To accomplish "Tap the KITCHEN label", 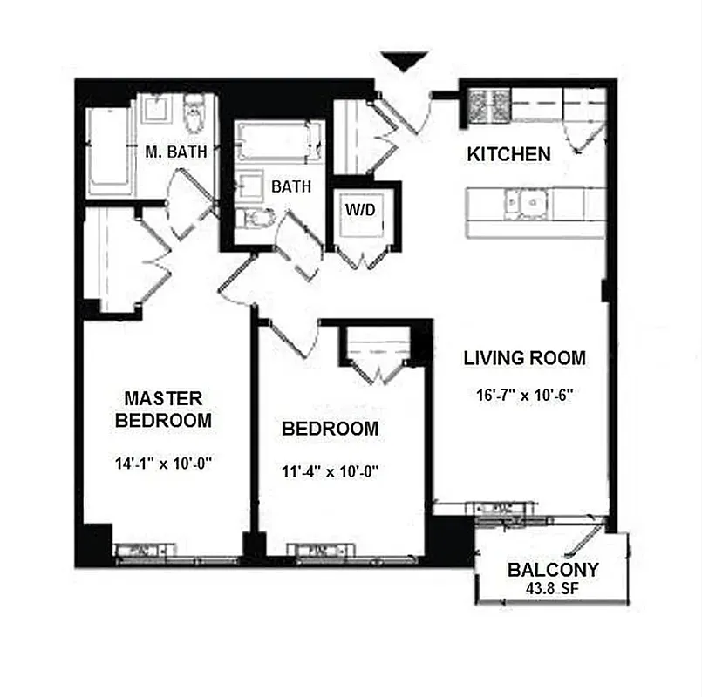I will pyautogui.click(x=509, y=154).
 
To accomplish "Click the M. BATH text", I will pyautogui.click(x=176, y=152).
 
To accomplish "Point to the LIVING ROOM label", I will pyautogui.click(x=524, y=357).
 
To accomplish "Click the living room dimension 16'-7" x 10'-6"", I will pyautogui.click(x=524, y=394).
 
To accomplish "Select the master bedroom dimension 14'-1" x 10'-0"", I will pyautogui.click(x=164, y=464).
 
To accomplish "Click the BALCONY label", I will pyautogui.click(x=553, y=571).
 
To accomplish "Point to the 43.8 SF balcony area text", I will pyautogui.click(x=553, y=590).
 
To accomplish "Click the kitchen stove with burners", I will pyautogui.click(x=488, y=106).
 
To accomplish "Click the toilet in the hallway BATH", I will pyautogui.click(x=257, y=218).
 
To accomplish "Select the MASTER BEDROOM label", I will pyautogui.click(x=164, y=409).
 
